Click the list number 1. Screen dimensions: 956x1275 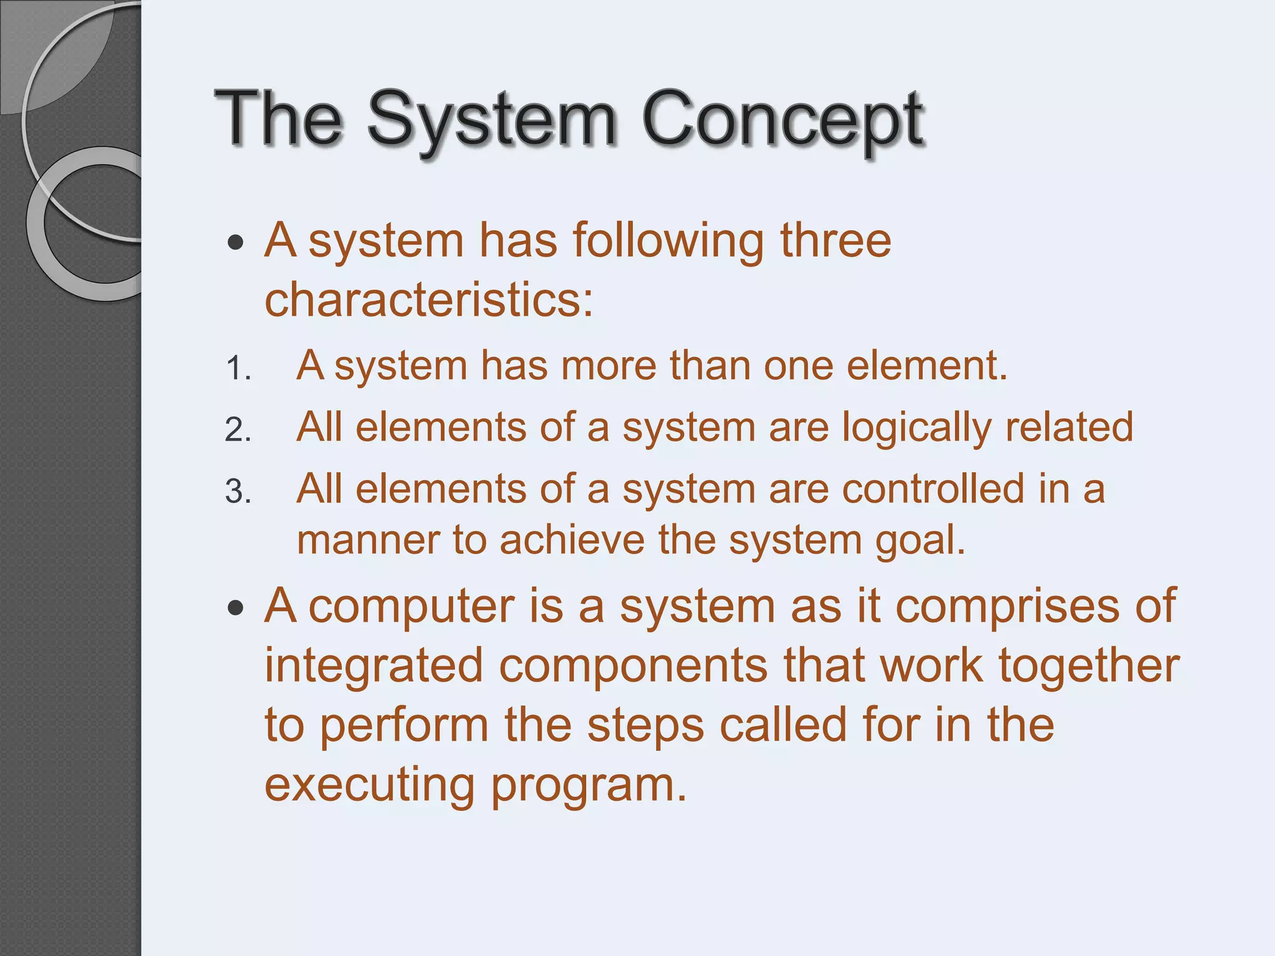[237, 368]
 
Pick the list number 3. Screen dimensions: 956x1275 [237, 492]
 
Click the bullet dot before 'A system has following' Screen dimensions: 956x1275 [235, 242]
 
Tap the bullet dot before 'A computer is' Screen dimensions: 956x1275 [235, 607]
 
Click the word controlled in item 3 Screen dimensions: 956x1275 [933, 489]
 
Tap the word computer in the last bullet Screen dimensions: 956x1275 [412, 607]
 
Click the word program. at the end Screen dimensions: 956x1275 [589, 786]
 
